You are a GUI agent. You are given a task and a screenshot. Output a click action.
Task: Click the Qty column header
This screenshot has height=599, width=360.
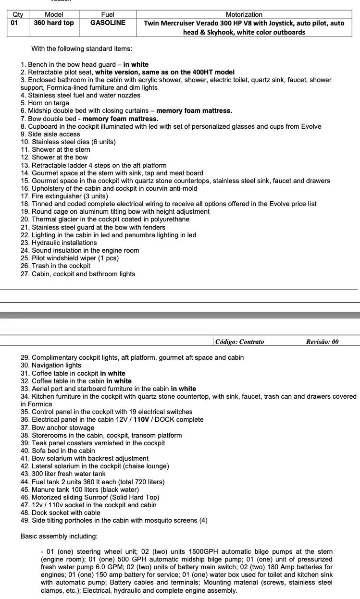[17, 14]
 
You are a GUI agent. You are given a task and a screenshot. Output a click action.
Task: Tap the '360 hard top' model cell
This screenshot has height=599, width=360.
[54, 23]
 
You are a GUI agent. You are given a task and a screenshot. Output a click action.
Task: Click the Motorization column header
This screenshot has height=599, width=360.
[244, 14]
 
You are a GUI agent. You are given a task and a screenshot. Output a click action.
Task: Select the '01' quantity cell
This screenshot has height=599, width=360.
[14, 23]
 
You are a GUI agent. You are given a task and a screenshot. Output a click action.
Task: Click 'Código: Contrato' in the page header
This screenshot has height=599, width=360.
[240, 342]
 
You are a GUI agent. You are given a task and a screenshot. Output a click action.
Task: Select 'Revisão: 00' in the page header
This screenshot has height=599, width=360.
[322, 342]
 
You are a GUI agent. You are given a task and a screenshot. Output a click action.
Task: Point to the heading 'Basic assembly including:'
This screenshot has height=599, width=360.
[59, 536]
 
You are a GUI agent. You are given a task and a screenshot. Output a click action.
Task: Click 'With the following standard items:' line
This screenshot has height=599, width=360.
[82, 49]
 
